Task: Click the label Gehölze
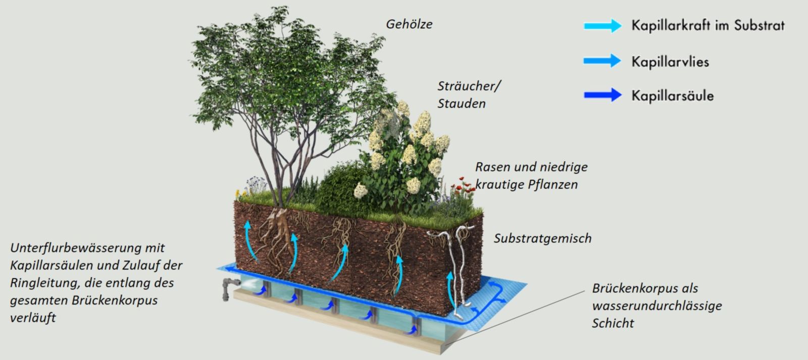409,24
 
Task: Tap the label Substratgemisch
542,238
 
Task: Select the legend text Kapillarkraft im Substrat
708,25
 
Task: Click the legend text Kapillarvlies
670,62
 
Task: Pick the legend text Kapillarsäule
672,95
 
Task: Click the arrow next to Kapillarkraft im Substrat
603,26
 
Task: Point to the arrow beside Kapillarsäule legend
603,95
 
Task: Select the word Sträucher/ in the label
469,86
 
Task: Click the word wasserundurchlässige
657,306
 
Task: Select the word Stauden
462,104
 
